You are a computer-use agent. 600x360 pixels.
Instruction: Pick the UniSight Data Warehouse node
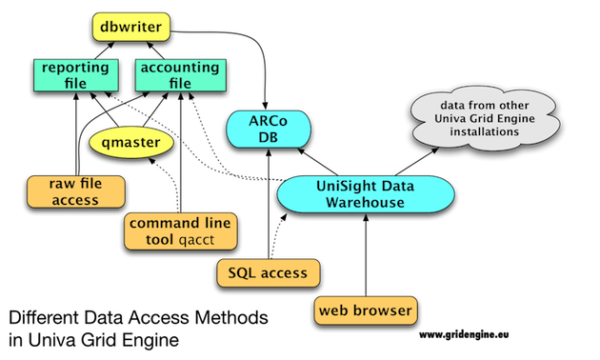pos(366,193)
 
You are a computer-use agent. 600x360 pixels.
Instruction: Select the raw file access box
pos(75,191)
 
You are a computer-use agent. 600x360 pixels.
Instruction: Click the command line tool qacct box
pos(179,231)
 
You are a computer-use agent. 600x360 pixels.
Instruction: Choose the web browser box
pos(364,310)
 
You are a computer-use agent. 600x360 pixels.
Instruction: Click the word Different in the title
pos(44,317)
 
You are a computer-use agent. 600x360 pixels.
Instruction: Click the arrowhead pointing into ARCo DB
pos(266,106)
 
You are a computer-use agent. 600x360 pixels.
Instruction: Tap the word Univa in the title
pos(51,338)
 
